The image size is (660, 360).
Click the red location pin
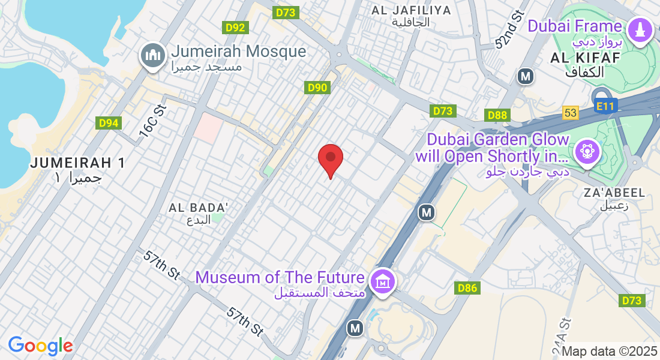click(330, 158)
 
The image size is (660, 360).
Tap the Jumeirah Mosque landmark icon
click(152, 56)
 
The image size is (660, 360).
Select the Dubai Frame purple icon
click(639, 30)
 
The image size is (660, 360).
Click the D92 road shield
click(235, 27)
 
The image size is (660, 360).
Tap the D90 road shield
click(317, 88)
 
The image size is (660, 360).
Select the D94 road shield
click(108, 123)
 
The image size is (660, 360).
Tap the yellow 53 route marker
click(571, 113)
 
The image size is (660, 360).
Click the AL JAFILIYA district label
click(411, 10)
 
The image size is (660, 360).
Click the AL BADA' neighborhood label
click(199, 208)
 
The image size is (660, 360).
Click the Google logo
click(40, 346)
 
